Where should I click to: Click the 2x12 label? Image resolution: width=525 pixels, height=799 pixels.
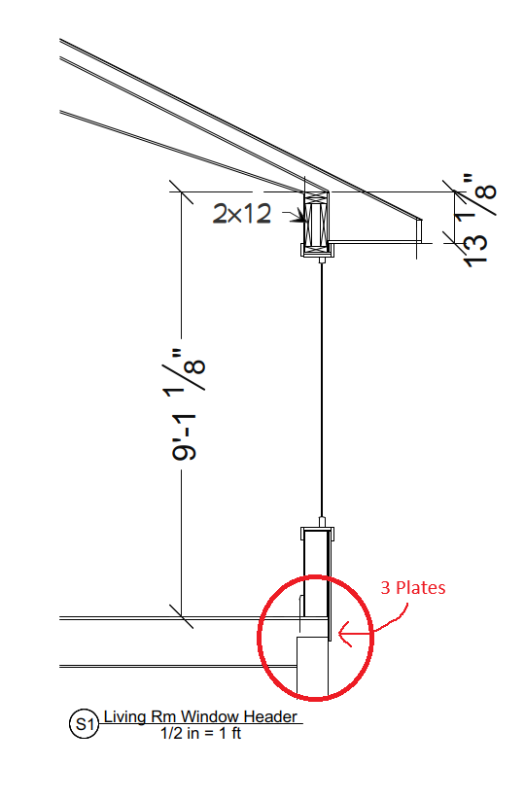tap(242, 214)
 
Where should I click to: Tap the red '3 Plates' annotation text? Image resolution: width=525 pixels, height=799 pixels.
tap(413, 587)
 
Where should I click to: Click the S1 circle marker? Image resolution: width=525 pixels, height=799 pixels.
tap(84, 723)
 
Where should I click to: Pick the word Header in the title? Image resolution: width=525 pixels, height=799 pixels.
tap(270, 716)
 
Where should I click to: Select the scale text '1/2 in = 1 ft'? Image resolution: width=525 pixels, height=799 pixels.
tap(201, 733)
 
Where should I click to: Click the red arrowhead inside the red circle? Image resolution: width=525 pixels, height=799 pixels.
tap(345, 634)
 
